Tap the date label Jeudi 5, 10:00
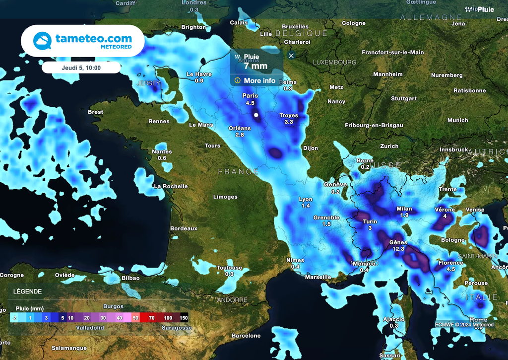[81, 68]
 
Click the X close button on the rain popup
[291, 55]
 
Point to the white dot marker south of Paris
[256, 115]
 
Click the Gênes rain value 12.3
[398, 249]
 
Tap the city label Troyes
[289, 116]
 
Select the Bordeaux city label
[184, 228]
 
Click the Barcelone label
[246, 336]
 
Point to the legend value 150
[183, 318]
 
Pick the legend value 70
[151, 318]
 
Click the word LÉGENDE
[27, 291]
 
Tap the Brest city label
[96, 112]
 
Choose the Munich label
[457, 120]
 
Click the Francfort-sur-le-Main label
[393, 52]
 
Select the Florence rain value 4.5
[450, 269]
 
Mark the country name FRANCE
[239, 172]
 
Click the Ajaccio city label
[394, 319]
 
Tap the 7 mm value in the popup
[255, 66]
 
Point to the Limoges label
[225, 197]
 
